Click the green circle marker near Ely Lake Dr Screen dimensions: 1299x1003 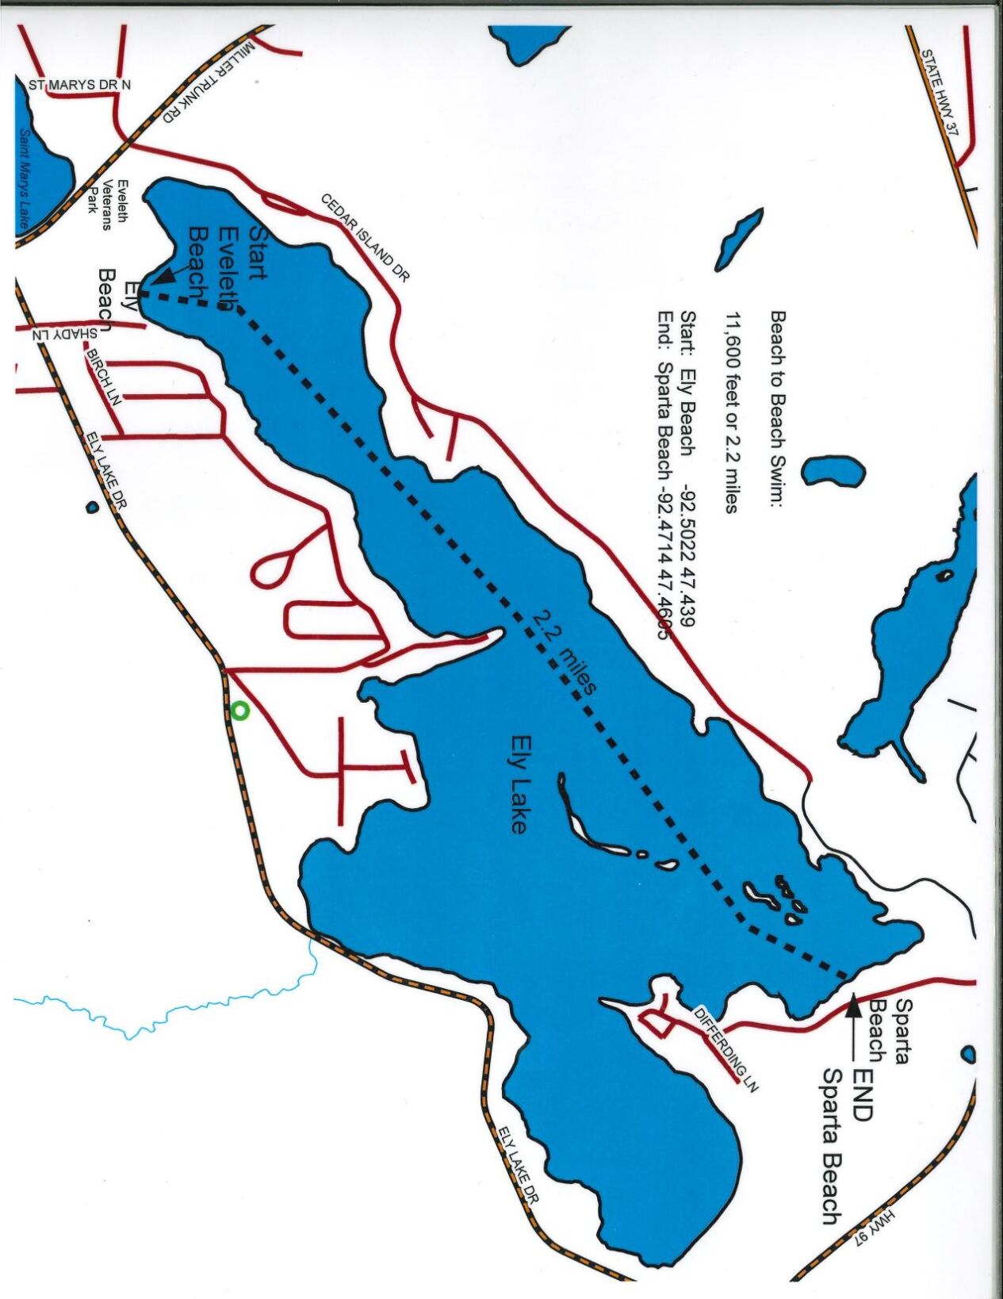[x=240, y=711]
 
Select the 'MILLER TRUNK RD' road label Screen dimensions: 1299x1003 [x=209, y=82]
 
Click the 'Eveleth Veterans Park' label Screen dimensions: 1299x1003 [x=109, y=205]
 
